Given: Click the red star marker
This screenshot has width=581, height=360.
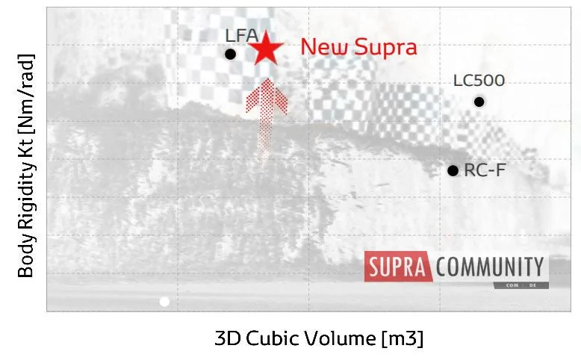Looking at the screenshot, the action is click(x=266, y=49).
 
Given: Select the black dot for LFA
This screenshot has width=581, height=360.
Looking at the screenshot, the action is click(x=230, y=54).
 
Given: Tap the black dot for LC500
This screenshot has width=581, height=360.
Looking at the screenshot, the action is click(x=479, y=102).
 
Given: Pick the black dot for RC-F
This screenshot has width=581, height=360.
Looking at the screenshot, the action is click(x=453, y=170).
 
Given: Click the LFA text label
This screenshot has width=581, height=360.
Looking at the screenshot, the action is click(x=242, y=36).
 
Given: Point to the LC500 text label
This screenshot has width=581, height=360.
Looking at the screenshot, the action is click(x=479, y=81).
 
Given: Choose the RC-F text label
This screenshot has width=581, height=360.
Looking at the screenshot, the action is click(x=485, y=170).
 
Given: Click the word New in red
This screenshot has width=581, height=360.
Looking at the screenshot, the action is click(x=324, y=47).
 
